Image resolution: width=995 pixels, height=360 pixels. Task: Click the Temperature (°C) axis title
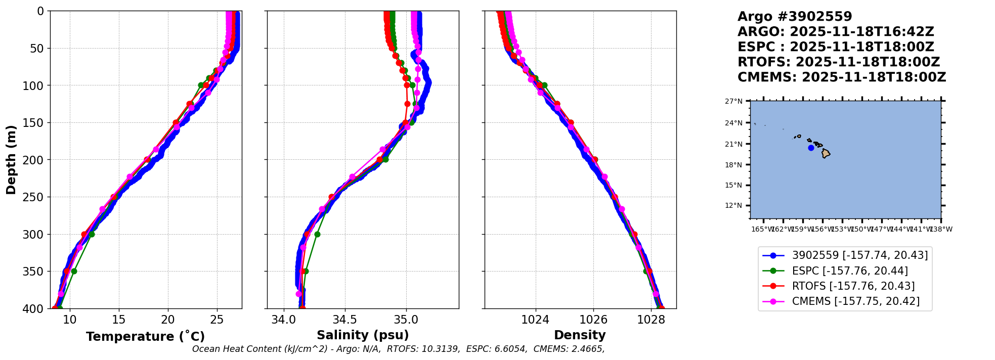tap(145, 337)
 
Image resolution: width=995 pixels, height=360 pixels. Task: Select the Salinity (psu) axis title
tap(363, 335)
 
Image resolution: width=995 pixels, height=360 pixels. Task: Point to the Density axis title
tap(580, 335)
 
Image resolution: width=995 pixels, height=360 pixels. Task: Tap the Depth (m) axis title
tap(11, 160)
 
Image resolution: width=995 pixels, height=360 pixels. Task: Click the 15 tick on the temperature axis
tap(118, 320)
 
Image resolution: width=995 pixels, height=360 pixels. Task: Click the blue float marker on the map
tap(811, 148)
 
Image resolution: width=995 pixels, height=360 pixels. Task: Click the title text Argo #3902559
tap(795, 17)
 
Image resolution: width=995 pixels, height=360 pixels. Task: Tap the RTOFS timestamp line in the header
tap(839, 62)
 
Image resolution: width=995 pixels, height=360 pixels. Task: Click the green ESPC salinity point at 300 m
tap(317, 234)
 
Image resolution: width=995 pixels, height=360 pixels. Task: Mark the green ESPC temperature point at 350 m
tap(74, 271)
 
